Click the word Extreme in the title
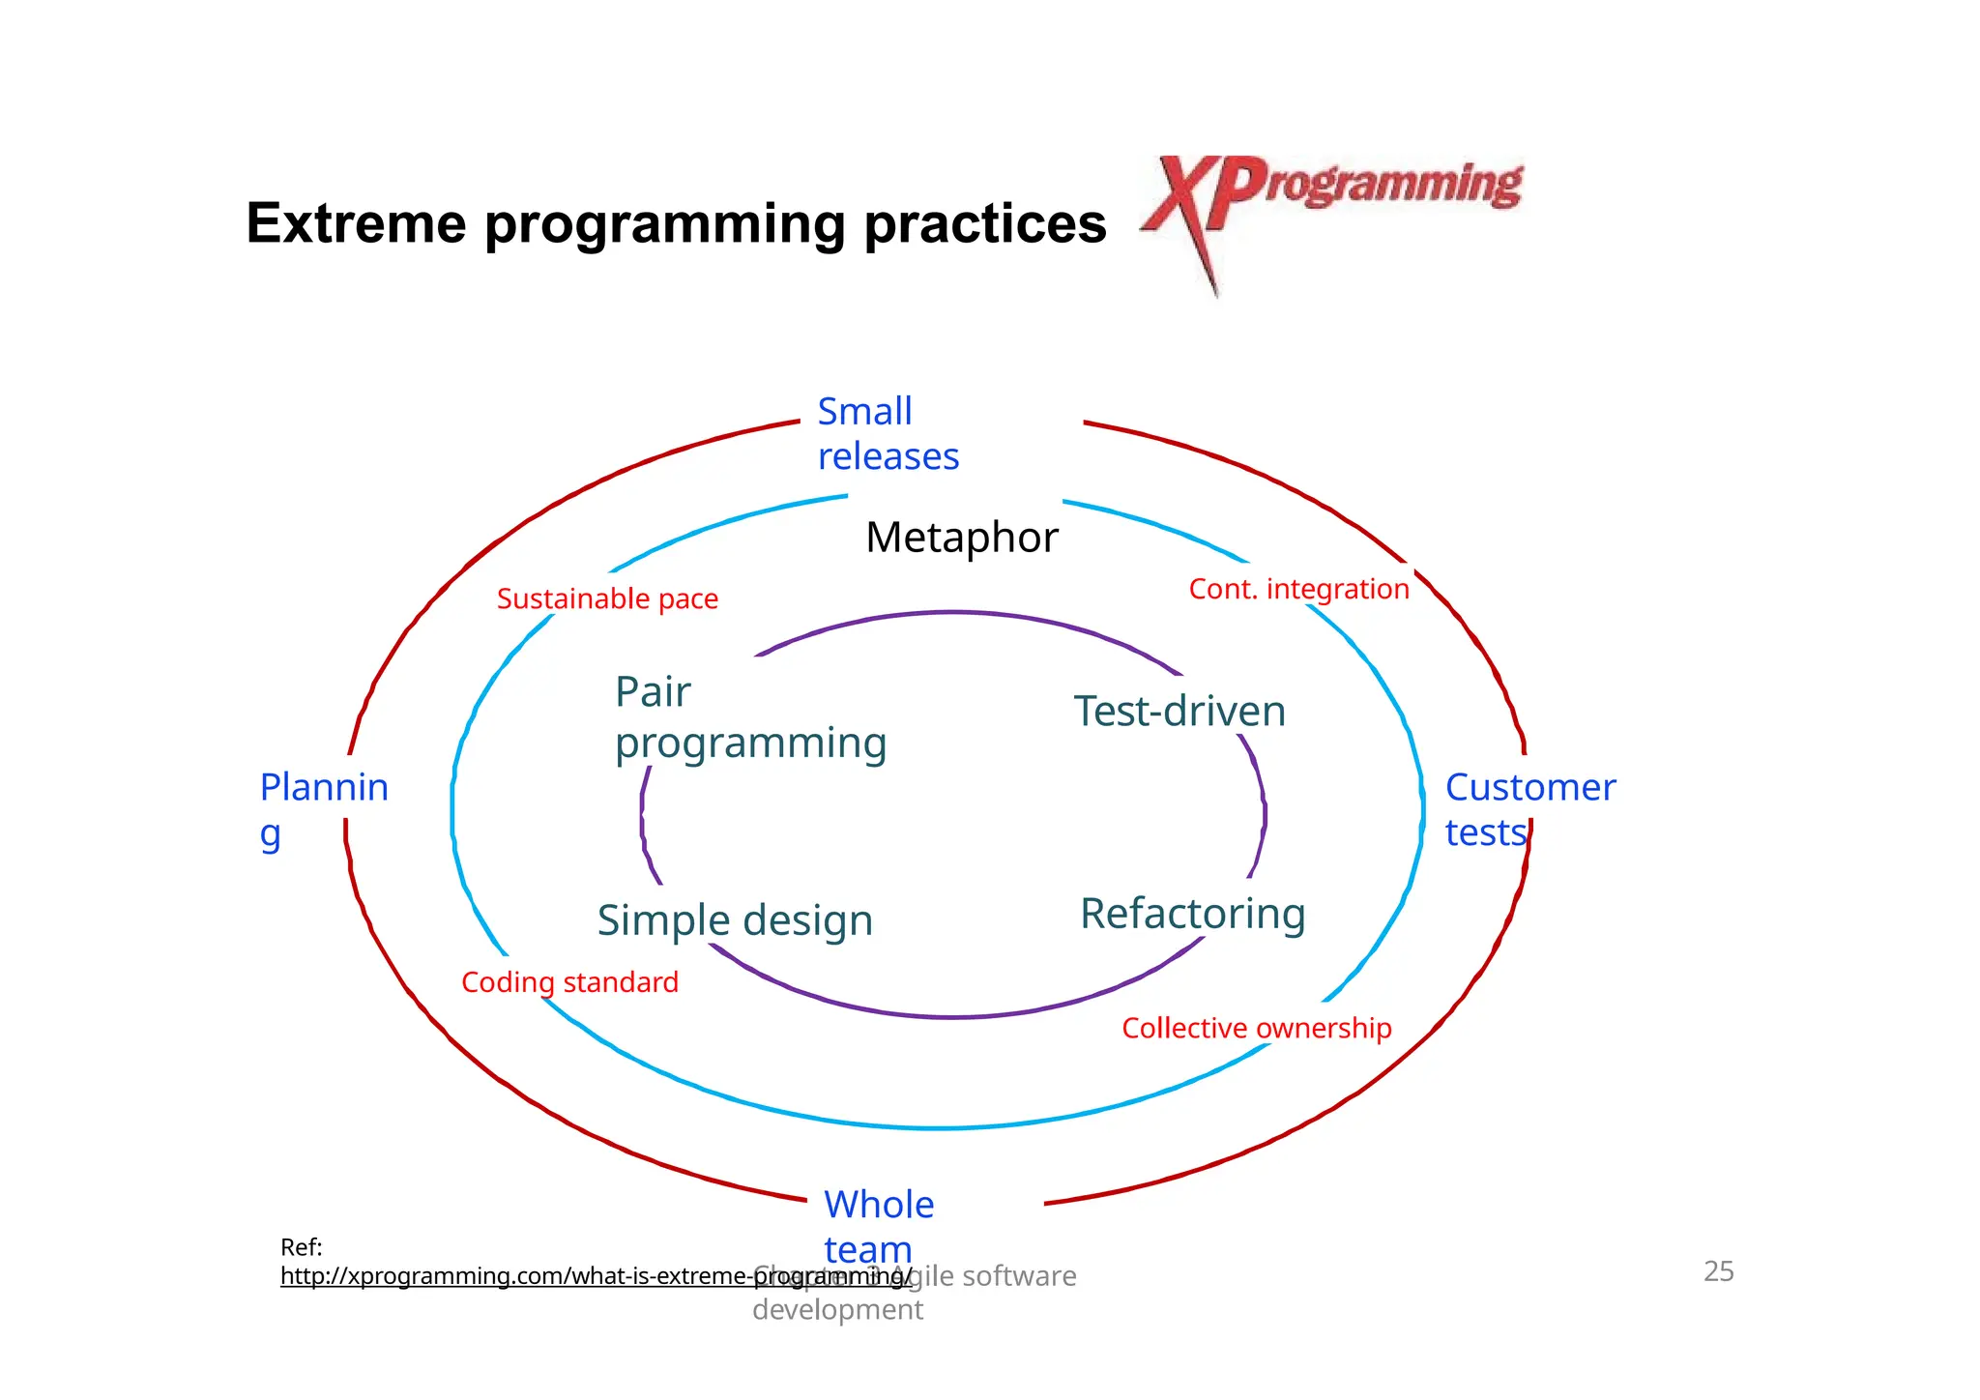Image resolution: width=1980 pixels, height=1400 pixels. pyautogui.click(x=356, y=223)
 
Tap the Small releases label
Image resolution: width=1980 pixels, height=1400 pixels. pyautogui.click(x=887, y=434)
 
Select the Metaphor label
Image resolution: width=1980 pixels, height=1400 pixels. pyautogui.click(x=961, y=538)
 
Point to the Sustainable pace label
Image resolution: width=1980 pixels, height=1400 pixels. pyautogui.click(x=607, y=599)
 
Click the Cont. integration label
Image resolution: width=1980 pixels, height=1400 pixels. pyautogui.click(x=1298, y=589)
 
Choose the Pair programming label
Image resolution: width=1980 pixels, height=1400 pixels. pyautogui.click(x=749, y=718)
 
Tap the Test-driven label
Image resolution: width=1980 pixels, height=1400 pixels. pyautogui.click(x=1179, y=712)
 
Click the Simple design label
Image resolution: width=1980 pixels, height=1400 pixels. pyautogui.click(x=735, y=920)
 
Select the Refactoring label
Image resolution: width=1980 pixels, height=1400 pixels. pyautogui.click(x=1192, y=914)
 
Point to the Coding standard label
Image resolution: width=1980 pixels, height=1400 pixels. pyautogui.click(x=569, y=982)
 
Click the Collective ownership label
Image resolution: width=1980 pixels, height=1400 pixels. pyautogui.click(x=1256, y=1028)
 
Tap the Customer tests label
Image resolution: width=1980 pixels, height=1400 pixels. pyautogui.click(x=1529, y=810)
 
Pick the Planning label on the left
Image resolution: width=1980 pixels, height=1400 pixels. pyautogui.click(x=323, y=808)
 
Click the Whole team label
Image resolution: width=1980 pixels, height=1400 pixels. pyautogui.click(x=878, y=1226)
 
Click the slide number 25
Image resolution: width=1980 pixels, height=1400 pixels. pyautogui.click(x=1718, y=1271)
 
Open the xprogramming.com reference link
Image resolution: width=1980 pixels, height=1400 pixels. pyautogui.click(x=595, y=1276)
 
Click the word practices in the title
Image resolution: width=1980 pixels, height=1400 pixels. pyautogui.click(x=984, y=223)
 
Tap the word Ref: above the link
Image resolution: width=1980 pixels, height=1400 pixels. pyautogui.click(x=301, y=1247)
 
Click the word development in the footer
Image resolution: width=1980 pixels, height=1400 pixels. pyautogui.click(x=837, y=1310)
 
